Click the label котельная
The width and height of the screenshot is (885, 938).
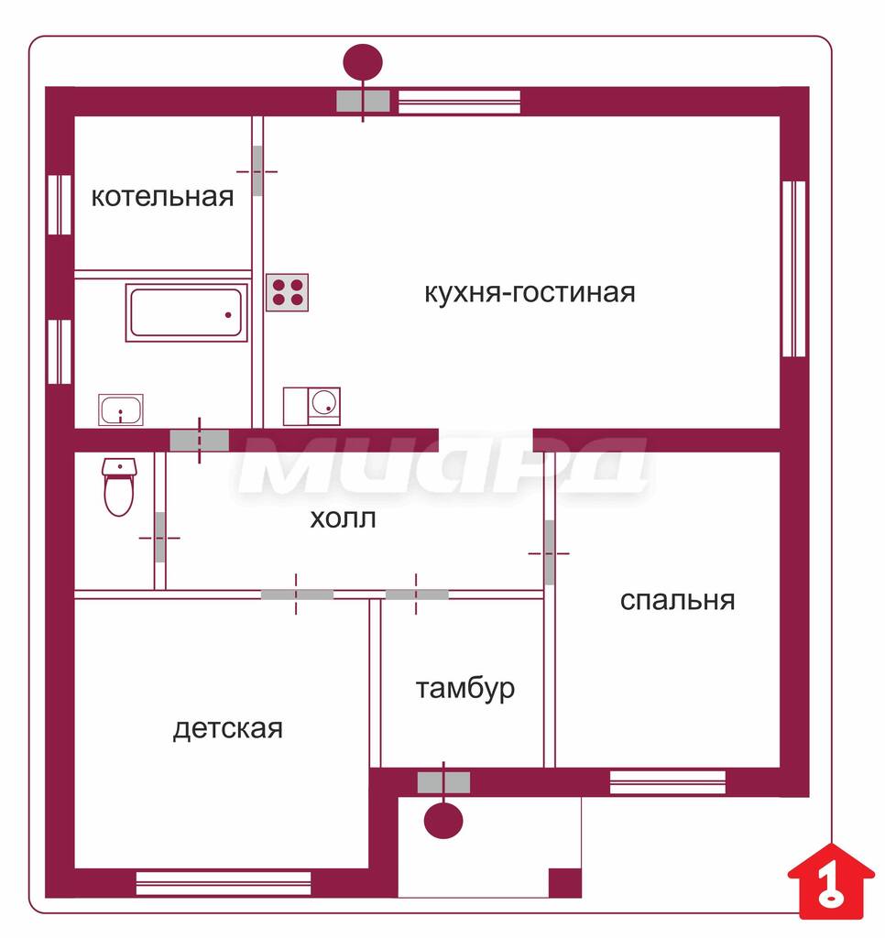point(162,197)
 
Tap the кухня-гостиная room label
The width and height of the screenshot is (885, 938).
point(530,293)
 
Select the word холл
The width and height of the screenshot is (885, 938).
point(343,518)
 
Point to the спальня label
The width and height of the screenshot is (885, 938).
point(677,601)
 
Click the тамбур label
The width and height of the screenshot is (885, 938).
point(464,689)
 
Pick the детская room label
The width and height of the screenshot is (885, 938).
point(227,729)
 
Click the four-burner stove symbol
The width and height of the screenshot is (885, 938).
point(288,292)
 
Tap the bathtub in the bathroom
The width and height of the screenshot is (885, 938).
point(187,313)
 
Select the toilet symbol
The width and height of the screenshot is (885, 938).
point(120,487)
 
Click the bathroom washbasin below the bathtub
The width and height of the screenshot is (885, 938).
point(121,409)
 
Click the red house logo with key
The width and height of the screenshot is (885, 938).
point(831,880)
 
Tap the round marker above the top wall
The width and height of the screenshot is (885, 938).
point(363,62)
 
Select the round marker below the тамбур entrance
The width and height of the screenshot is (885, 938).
point(443,820)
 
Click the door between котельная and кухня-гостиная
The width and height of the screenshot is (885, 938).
point(257,171)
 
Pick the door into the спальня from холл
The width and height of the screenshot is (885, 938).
point(550,552)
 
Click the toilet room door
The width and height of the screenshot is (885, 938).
point(159,537)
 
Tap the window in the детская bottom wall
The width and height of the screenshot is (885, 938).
point(224,883)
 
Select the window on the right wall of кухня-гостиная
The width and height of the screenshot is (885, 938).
point(794,269)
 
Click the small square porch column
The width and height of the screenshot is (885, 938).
point(565,882)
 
